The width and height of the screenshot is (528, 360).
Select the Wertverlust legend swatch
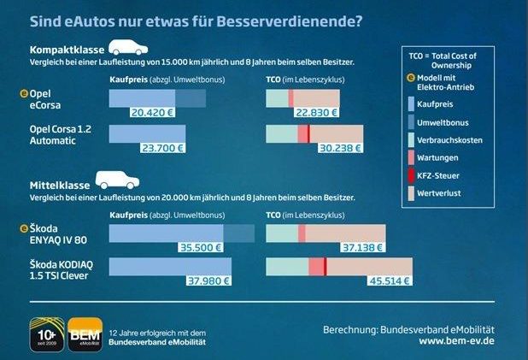click(x=413, y=195)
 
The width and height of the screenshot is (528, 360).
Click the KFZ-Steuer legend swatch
click(x=413, y=176)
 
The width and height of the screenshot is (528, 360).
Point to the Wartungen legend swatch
click(x=413, y=157)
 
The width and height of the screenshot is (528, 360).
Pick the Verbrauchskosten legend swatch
click(x=413, y=139)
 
